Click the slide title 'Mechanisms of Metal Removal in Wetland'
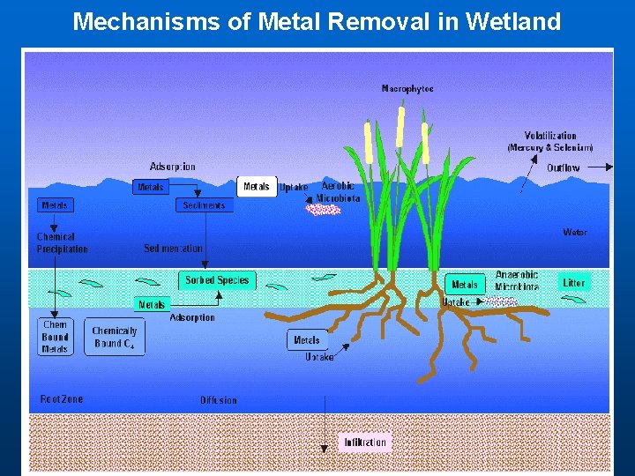[x=317, y=21]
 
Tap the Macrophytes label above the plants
[x=407, y=88]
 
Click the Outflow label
[x=564, y=167]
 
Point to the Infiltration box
[x=365, y=442]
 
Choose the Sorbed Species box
[x=217, y=280]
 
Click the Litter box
[x=574, y=283]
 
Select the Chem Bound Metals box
[x=55, y=337]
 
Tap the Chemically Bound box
[x=115, y=337]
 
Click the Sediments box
[x=204, y=205]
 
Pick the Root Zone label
[x=62, y=399]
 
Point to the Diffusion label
[x=219, y=400]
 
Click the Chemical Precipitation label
[x=62, y=243]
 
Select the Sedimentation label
[x=173, y=249]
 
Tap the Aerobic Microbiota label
[x=340, y=192]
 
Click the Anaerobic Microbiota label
[x=517, y=280]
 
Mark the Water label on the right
[x=575, y=233]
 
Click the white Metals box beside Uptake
[x=257, y=187]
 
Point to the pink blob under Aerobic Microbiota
[x=322, y=210]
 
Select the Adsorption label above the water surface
[x=173, y=167]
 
